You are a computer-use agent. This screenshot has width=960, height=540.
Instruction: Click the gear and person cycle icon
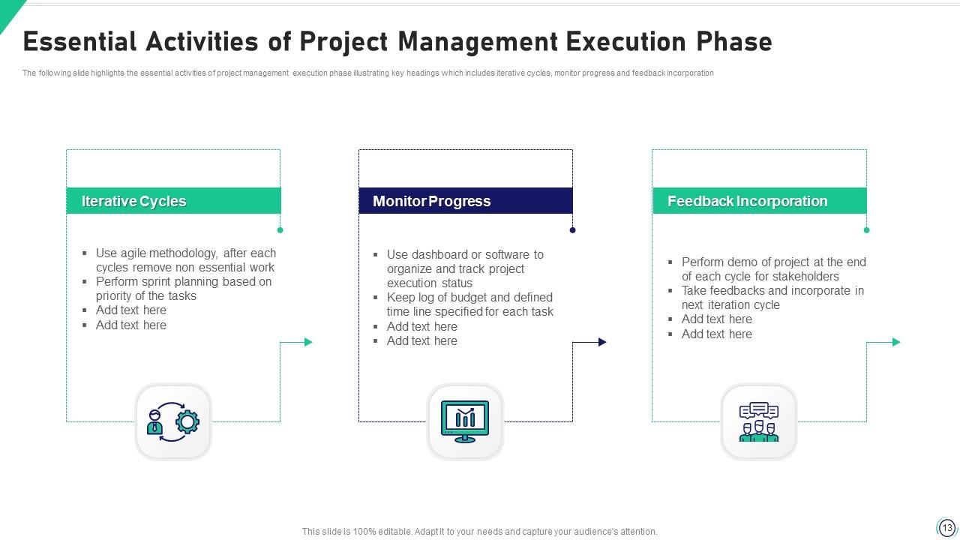(173, 422)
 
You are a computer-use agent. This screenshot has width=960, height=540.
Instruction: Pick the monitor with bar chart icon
(465, 422)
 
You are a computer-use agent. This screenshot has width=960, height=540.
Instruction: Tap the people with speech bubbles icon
(758, 422)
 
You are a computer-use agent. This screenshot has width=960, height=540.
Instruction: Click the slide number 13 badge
(946, 527)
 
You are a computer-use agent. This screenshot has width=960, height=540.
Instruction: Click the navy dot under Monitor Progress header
(572, 230)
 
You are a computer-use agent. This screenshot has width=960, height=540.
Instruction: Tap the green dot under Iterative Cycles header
(280, 230)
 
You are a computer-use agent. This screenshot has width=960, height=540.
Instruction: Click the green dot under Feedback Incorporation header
(866, 230)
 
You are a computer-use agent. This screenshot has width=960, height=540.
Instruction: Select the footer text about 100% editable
(479, 532)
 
